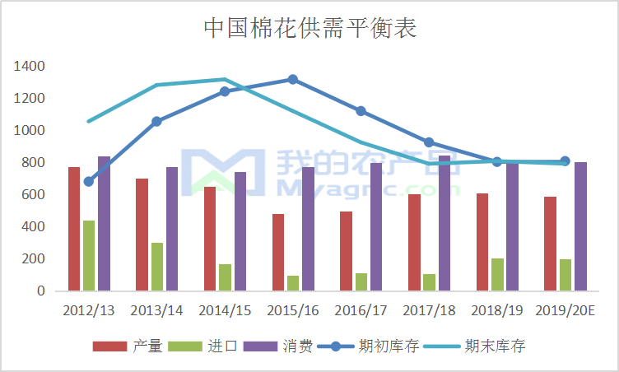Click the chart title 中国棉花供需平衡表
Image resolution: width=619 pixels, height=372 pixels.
click(310, 28)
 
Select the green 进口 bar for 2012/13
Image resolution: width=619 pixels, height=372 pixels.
click(89, 256)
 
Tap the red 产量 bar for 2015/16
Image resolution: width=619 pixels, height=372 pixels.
click(278, 253)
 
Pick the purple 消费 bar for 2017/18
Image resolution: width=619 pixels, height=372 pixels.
click(444, 223)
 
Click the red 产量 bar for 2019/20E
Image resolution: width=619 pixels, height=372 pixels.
click(550, 244)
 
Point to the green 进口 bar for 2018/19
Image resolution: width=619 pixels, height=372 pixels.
click(497, 275)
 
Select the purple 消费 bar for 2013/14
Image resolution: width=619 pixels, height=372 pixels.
click(172, 229)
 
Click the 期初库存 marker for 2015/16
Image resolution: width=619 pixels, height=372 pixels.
click(292, 79)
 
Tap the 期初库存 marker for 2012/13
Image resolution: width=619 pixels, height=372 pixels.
click(88, 182)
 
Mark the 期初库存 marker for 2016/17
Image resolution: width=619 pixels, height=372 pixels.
click(361, 111)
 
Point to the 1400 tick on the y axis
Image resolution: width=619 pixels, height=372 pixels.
click(29, 66)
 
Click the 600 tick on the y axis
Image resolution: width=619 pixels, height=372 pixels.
click(33, 194)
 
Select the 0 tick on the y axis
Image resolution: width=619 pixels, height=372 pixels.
click(41, 291)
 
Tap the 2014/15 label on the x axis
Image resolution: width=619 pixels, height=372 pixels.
click(225, 310)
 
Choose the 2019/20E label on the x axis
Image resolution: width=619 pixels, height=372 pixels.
click(565, 310)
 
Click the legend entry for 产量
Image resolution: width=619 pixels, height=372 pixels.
click(128, 346)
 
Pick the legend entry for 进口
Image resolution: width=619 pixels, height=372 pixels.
click(202, 346)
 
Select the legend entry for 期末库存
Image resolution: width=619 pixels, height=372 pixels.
click(474, 346)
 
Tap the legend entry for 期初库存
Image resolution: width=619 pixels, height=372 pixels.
click(368, 346)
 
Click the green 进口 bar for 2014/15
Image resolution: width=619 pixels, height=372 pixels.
click(226, 277)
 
